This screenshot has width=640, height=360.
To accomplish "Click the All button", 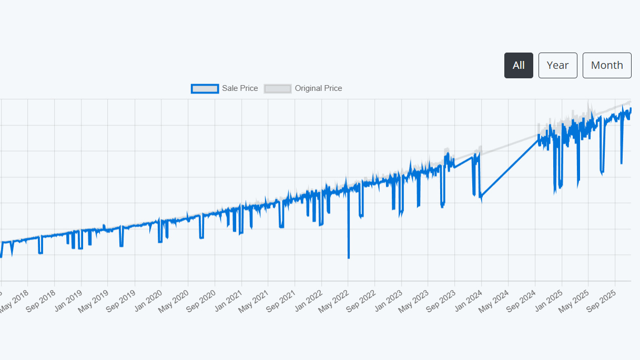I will (519, 65).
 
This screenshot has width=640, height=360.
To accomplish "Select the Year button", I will (557, 65).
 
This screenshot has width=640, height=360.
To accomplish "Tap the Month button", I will (607, 65).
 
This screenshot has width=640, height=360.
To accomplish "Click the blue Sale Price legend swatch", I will (205, 88).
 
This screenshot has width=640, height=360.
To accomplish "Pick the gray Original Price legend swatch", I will (277, 88).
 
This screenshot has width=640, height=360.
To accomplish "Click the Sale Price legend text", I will (240, 88).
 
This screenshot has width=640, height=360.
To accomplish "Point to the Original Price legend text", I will (318, 88).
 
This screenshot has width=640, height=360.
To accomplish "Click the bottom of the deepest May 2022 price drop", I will (349, 258).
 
